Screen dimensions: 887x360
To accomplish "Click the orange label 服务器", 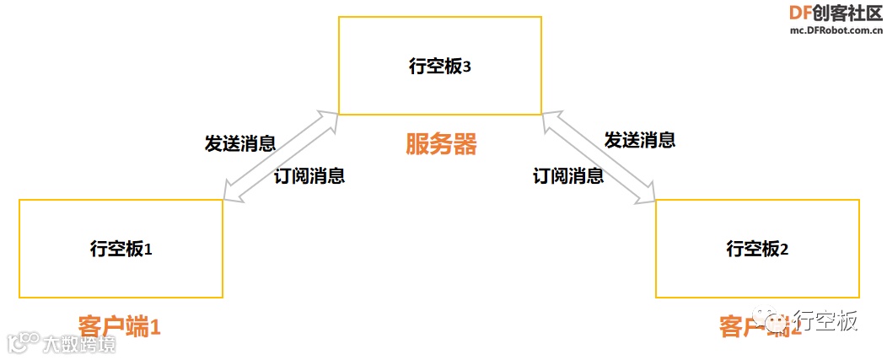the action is pyautogui.click(x=441, y=144).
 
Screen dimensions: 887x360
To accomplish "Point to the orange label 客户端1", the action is pyautogui.click(x=118, y=326).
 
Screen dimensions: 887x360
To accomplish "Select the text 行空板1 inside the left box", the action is pyautogui.click(x=121, y=250).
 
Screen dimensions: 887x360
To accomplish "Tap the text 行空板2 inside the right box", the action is pyautogui.click(x=757, y=250).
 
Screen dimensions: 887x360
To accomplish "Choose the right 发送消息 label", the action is pyautogui.click(x=640, y=140).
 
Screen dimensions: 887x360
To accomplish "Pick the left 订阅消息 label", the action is pyautogui.click(x=309, y=176).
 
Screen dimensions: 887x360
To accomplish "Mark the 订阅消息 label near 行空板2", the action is pyautogui.click(x=568, y=176).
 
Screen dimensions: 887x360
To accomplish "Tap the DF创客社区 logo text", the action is pyautogui.click(x=836, y=13).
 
